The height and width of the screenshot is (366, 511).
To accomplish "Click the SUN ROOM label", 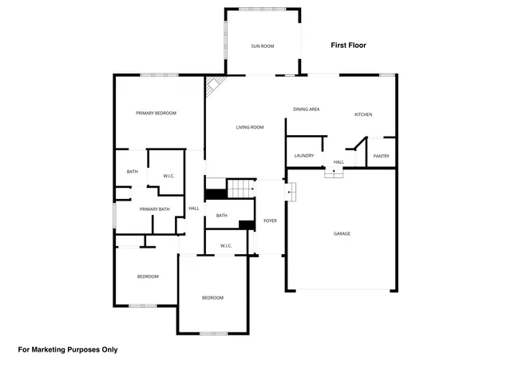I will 263,46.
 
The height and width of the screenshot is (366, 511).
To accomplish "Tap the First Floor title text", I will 348,46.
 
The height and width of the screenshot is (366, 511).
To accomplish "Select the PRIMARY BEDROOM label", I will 156,113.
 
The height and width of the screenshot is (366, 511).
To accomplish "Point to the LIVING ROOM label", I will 249,128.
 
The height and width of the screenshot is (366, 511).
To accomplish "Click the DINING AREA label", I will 306,109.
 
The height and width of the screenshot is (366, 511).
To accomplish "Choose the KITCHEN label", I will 363,114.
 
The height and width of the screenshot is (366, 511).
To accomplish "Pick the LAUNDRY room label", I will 303,156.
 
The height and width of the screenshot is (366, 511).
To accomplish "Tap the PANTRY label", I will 381,156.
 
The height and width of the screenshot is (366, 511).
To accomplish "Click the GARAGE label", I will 342,233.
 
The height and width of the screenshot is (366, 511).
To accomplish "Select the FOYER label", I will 270,221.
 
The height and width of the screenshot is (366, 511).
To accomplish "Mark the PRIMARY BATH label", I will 155,209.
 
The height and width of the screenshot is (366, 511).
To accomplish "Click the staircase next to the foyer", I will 240,189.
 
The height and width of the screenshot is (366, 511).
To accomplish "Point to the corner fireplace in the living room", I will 214,86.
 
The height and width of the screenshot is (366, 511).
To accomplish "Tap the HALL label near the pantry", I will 339,162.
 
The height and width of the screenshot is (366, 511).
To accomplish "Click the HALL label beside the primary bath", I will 193,209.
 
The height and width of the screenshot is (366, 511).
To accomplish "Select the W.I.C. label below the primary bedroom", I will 169,176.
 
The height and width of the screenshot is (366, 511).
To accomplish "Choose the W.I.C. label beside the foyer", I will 226,245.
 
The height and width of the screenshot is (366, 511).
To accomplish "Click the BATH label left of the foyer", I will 221,216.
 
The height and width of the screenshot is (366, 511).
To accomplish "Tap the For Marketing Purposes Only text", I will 68,349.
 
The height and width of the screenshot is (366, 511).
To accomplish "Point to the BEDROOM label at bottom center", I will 212,298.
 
